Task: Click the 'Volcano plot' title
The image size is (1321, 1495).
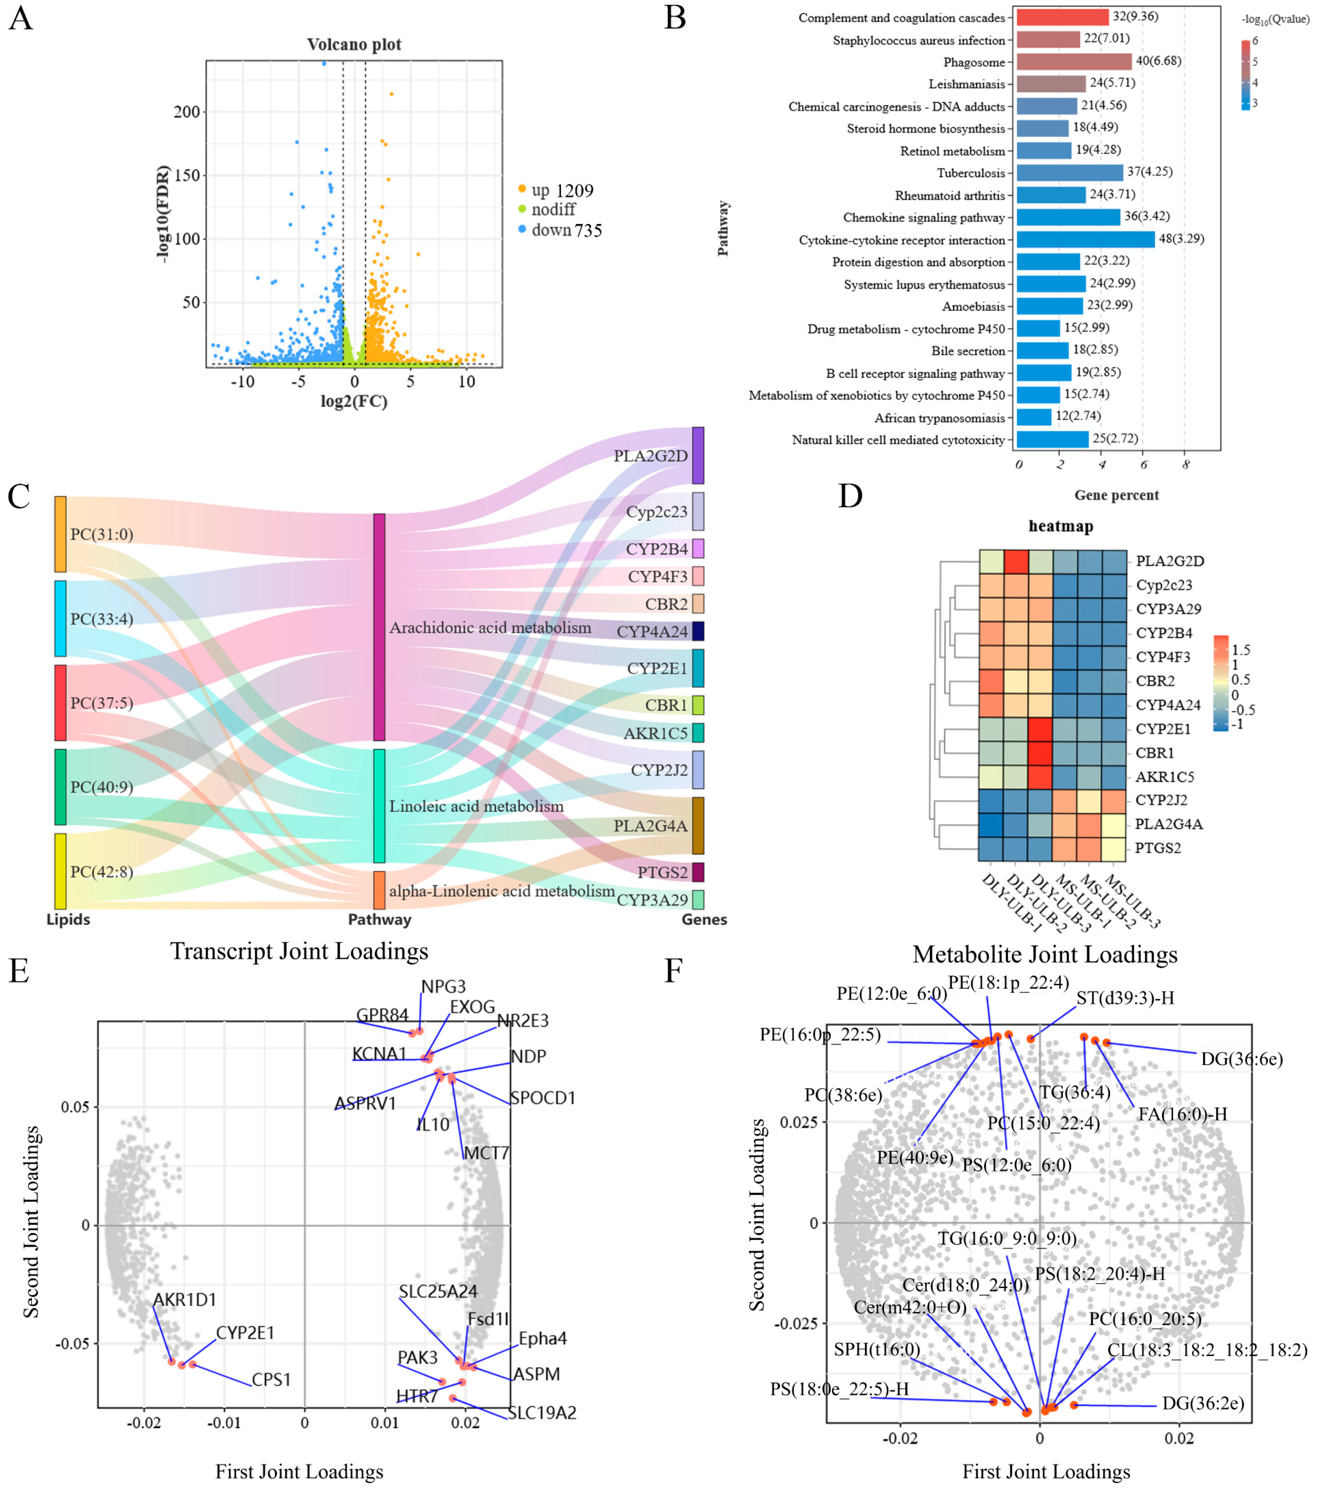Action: [354, 45]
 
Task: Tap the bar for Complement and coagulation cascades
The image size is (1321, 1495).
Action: [1062, 17]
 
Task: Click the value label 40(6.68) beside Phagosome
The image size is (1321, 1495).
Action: [1158, 61]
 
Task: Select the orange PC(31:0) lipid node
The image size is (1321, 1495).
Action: [60, 534]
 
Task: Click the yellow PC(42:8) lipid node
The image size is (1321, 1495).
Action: [60, 871]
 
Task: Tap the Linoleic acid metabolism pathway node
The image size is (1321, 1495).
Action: [379, 805]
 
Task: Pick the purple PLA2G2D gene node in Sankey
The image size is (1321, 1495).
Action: [698, 456]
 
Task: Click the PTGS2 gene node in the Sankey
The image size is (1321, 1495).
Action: [698, 872]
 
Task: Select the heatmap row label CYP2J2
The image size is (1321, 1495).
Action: [1161, 800]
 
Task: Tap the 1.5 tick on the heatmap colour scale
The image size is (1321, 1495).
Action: [1241, 650]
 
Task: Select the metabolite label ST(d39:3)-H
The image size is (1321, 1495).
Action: [1125, 998]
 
